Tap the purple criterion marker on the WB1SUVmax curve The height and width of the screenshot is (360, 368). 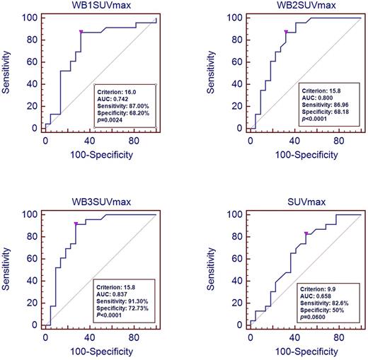pyautogui.click(x=81, y=32)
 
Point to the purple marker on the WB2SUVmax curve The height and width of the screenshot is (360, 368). pyautogui.click(x=285, y=32)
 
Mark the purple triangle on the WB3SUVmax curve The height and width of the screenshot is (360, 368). pyautogui.click(x=76, y=224)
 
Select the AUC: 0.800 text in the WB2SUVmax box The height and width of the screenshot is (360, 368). pyautogui.click(x=323, y=102)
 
